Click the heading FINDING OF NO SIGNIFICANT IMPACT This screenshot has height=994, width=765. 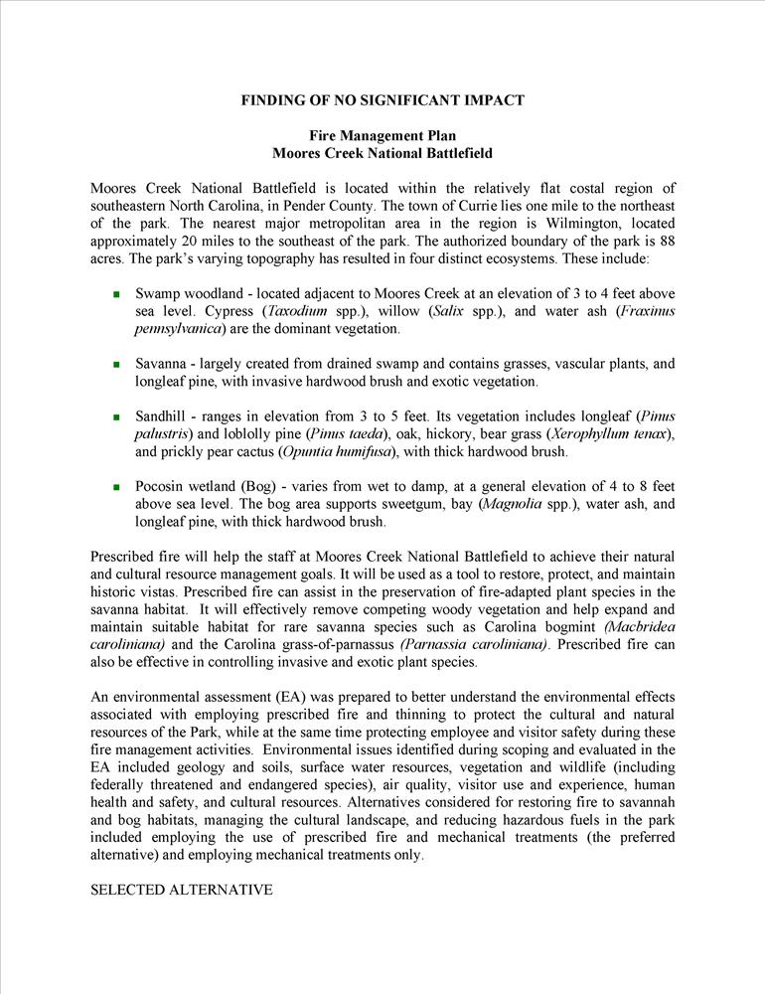click(x=382, y=100)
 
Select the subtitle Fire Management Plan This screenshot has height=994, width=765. click(x=382, y=135)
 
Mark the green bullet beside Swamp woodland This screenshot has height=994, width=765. click(x=115, y=295)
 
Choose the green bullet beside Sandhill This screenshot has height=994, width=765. click(x=115, y=416)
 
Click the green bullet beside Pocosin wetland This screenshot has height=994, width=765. click(x=115, y=487)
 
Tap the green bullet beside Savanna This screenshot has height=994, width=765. click(x=115, y=365)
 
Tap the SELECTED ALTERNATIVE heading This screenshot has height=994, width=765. click(x=181, y=890)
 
